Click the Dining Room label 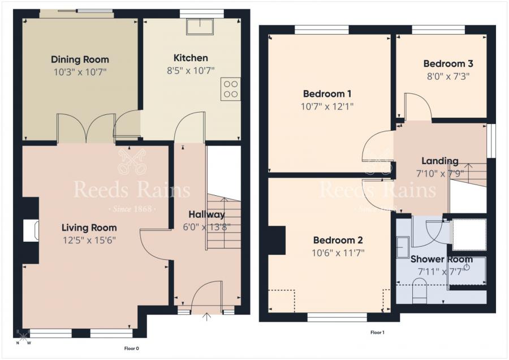(80, 59)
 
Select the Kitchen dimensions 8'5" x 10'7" (191, 71)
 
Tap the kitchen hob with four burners (231, 89)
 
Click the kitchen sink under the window (200, 27)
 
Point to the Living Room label (89, 228)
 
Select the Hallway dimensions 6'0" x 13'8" (207, 227)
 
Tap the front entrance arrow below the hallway (206, 317)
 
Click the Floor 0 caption (132, 349)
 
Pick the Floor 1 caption (378, 332)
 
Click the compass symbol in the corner (23, 336)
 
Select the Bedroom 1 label (327, 94)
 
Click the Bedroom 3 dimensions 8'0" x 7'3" (448, 76)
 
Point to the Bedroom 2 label (338, 240)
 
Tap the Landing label (440, 161)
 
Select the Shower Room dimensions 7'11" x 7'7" (441, 271)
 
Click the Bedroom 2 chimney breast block (277, 240)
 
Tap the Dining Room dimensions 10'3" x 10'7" (80, 72)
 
